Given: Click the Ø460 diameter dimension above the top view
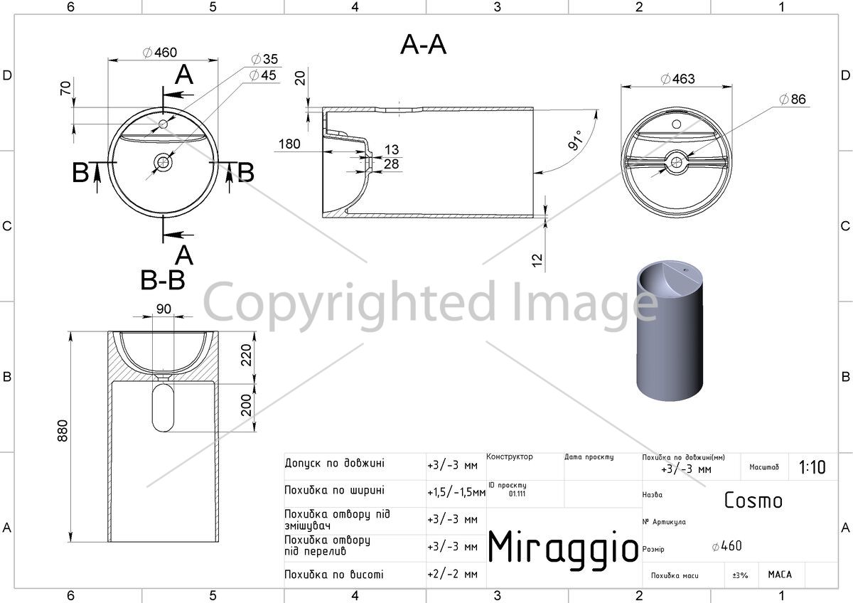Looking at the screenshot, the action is click(x=160, y=52).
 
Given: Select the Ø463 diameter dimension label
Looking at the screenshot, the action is click(x=678, y=79).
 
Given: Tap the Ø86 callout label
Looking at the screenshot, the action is click(x=793, y=99).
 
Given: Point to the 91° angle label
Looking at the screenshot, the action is click(x=575, y=140).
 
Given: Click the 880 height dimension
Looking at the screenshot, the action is click(x=63, y=431).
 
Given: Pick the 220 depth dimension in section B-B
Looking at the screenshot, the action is click(x=247, y=355).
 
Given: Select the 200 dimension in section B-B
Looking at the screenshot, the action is click(x=247, y=405).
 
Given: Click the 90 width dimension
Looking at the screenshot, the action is click(x=163, y=309).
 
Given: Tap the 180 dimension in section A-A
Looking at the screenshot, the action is click(x=289, y=144).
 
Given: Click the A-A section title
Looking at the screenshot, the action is click(x=423, y=45).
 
